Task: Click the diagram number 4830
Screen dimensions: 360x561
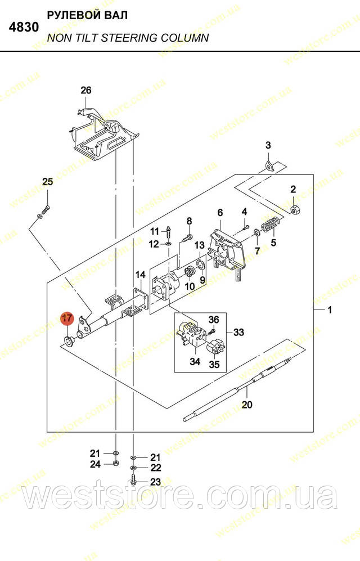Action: click(x=24, y=27)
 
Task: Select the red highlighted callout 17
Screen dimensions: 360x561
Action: click(x=67, y=319)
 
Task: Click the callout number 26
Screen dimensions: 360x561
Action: click(x=86, y=90)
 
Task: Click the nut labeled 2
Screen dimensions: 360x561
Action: click(x=295, y=210)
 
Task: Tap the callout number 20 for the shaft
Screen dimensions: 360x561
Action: click(x=247, y=405)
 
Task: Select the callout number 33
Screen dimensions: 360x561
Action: click(x=238, y=332)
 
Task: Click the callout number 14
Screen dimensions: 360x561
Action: click(x=141, y=275)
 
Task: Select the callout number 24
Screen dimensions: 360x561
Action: click(x=95, y=464)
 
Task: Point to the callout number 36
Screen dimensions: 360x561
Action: click(x=213, y=319)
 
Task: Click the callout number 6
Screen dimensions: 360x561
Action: click(x=220, y=213)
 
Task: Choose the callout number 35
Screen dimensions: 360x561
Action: click(x=214, y=365)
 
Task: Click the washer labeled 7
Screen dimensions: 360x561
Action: click(x=257, y=233)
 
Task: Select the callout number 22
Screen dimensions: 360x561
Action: click(x=155, y=468)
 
